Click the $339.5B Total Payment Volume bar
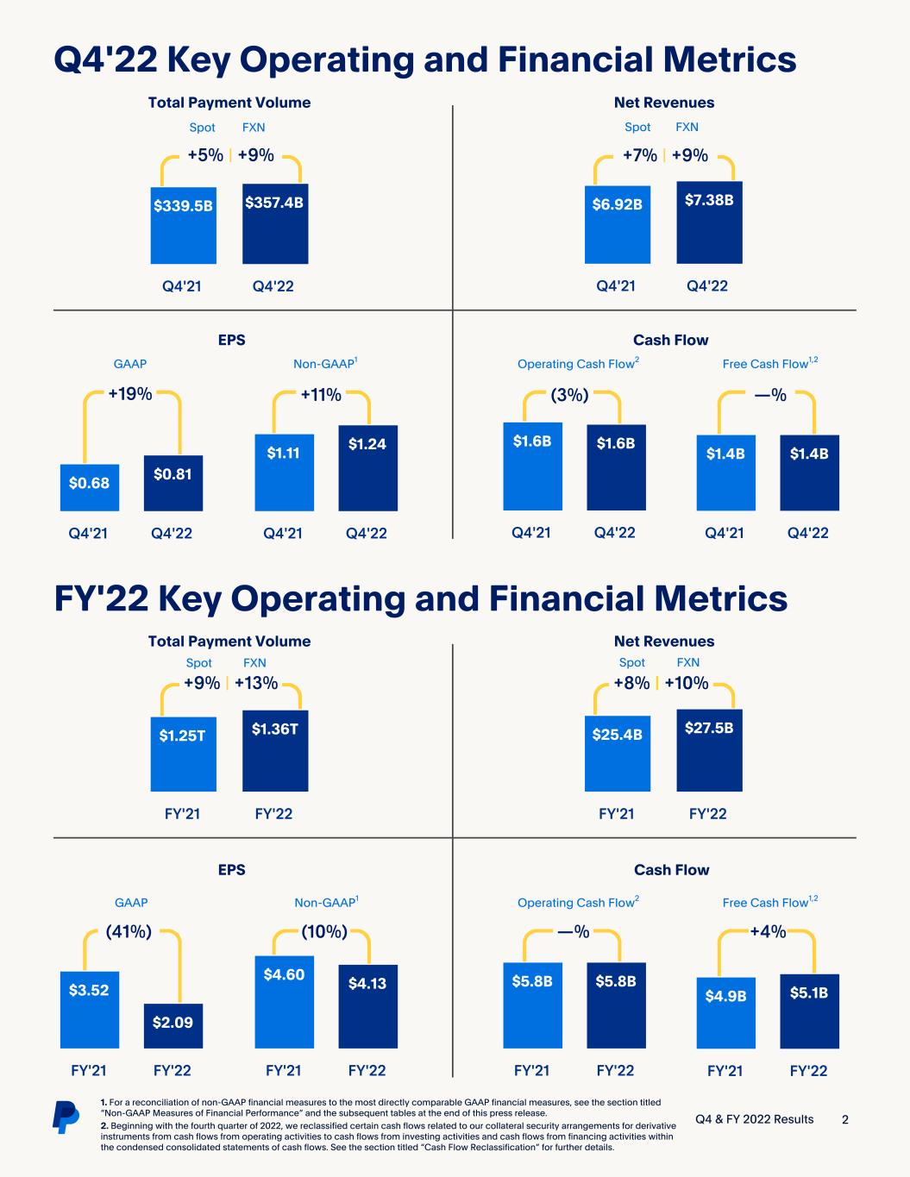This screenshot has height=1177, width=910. coord(183,226)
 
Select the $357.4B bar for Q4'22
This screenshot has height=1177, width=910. coord(275,223)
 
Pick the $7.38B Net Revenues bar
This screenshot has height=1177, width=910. coord(709,222)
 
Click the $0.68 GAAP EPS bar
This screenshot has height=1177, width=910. coord(90,487)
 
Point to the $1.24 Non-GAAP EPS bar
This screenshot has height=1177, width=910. coord(367,468)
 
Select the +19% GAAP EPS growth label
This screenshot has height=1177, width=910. coord(130,395)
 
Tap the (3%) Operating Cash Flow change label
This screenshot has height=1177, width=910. coord(569,396)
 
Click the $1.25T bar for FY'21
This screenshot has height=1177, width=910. coord(183,754)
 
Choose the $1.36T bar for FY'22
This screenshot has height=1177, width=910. coord(275,750)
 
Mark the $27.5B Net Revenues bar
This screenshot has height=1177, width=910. coord(709,750)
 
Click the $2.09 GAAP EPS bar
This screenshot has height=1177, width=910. coord(173,1026)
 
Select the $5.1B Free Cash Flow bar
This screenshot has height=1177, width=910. coord(809,1011)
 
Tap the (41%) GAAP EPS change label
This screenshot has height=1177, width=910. coord(129,931)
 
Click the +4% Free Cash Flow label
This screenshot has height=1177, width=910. coord(768,931)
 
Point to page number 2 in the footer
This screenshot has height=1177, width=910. coord(845,1119)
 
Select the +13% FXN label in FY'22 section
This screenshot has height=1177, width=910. coord(256,684)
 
